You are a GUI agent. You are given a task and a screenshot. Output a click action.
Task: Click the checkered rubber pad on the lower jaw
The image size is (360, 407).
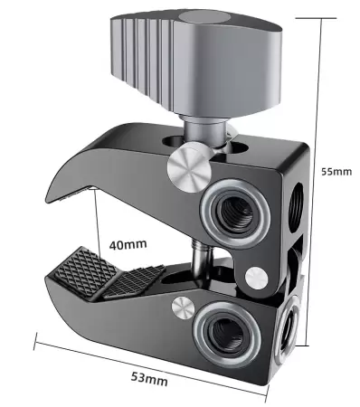click(x=100, y=274)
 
